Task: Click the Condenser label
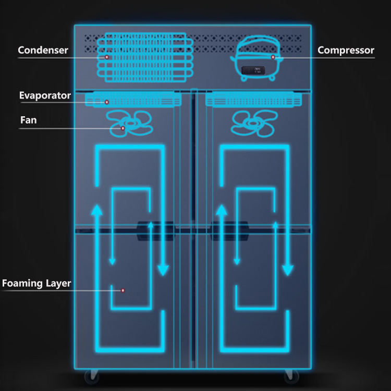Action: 43,51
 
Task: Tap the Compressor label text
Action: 346,51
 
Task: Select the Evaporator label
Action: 45,95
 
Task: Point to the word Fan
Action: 28,120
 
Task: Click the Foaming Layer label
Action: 36,284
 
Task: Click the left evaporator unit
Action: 133,99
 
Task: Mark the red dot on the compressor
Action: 273,57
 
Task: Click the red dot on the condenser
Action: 106,57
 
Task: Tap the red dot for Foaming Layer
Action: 123,290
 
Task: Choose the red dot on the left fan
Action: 123,128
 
